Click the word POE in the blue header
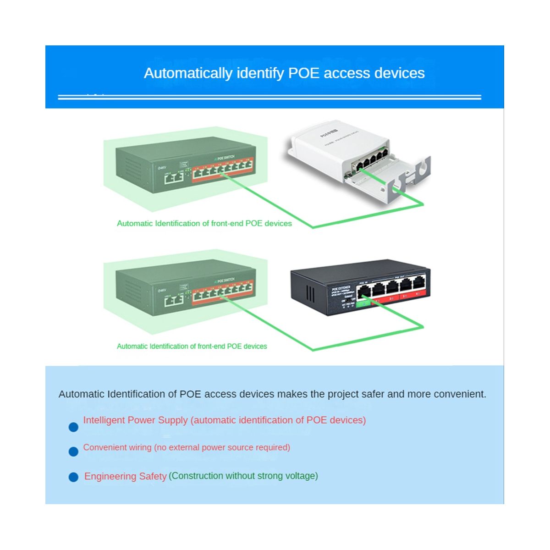[x=303, y=73]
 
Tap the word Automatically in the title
[x=188, y=73]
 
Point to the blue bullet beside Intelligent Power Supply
[x=73, y=427]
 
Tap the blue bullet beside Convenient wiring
[x=73, y=452]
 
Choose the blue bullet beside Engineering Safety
[x=73, y=477]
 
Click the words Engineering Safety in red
[x=125, y=477]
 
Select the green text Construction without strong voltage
[x=243, y=476]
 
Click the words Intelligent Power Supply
[x=135, y=420]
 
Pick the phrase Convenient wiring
[x=117, y=447]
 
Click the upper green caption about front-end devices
[x=204, y=224]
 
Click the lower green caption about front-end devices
[x=192, y=346]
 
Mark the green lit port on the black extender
[x=364, y=302]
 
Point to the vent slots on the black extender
[x=310, y=293]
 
